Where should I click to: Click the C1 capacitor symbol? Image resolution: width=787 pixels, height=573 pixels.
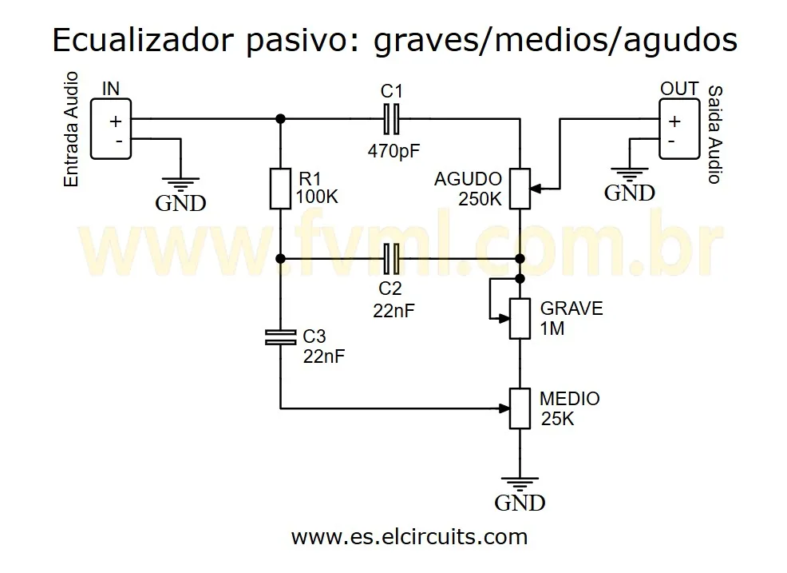[x=391, y=119]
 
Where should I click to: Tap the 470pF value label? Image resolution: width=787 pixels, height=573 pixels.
[x=393, y=149]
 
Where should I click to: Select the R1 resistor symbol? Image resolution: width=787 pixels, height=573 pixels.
[x=280, y=189]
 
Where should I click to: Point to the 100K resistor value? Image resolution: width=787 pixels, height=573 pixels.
[x=317, y=197]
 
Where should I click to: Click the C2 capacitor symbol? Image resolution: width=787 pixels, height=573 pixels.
[x=391, y=258]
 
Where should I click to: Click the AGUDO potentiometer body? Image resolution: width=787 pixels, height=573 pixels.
[x=520, y=189]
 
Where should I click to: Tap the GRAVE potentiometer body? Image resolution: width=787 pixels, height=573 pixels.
[x=520, y=318]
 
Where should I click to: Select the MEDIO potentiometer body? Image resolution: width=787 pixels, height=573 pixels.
[x=520, y=408]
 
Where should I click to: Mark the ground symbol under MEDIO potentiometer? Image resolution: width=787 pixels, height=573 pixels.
[x=520, y=484]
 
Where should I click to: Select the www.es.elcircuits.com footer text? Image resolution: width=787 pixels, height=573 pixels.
[x=409, y=536]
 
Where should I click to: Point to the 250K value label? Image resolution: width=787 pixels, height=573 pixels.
[x=480, y=199]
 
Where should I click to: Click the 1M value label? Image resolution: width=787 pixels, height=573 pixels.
[x=552, y=328]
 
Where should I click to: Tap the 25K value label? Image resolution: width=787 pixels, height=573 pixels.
[x=557, y=419]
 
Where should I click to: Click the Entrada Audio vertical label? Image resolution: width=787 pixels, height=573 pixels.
[x=72, y=129]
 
